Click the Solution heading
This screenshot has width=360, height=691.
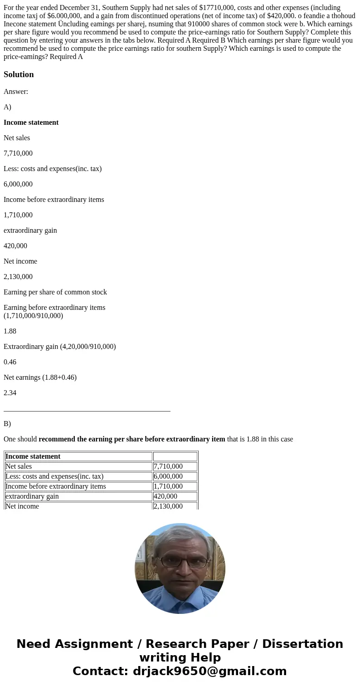pos(19,74)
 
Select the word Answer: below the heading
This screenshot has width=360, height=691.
pos(16,92)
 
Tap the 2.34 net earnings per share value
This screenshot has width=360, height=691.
pos(10,393)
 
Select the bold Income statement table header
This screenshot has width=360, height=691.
pos(33,456)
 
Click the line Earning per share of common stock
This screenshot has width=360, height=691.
pos(55,292)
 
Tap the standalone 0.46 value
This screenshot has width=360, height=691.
pos(10,362)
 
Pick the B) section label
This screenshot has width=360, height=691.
pos(7,424)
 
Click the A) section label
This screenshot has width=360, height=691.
pos(7,107)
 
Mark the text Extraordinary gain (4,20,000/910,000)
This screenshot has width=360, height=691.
pos(60,347)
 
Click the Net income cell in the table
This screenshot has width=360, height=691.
pos(22,506)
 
